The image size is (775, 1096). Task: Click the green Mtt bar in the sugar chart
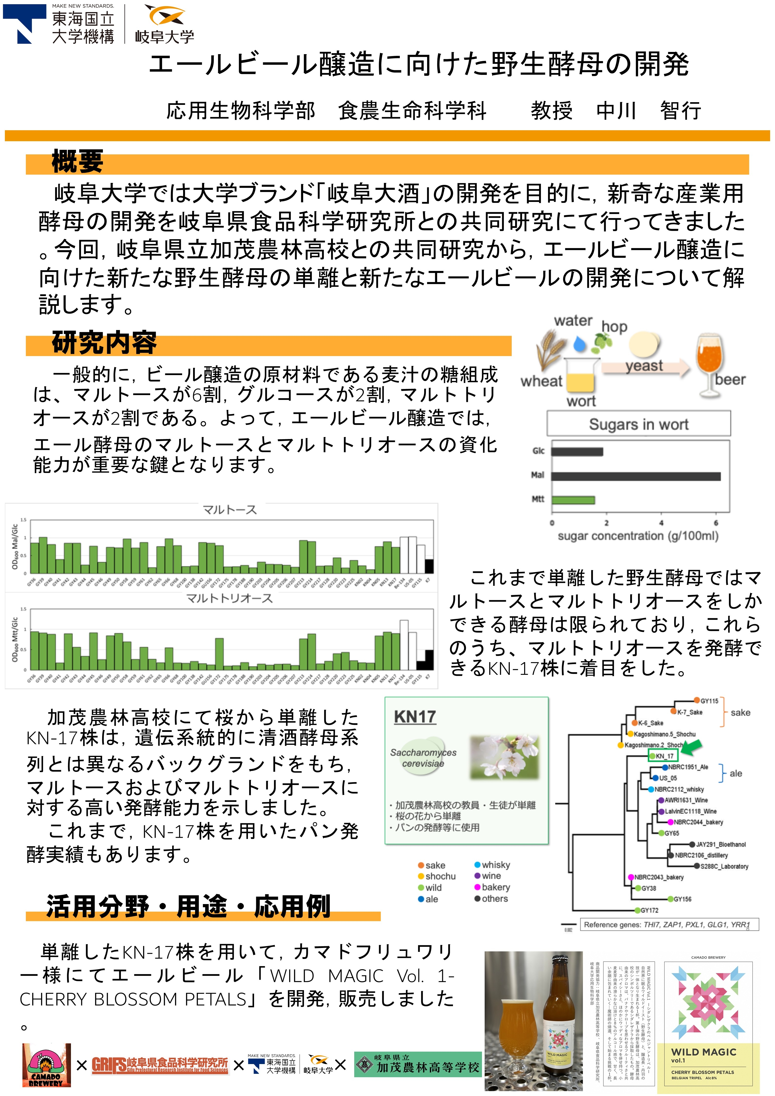573,500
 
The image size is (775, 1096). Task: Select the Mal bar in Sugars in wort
636,476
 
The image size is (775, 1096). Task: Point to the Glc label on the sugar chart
538,451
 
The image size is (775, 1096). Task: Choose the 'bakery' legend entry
495,887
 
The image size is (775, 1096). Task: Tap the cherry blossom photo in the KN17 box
504,756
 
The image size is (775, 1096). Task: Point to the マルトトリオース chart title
229,598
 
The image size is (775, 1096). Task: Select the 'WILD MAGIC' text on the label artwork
703,1052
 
